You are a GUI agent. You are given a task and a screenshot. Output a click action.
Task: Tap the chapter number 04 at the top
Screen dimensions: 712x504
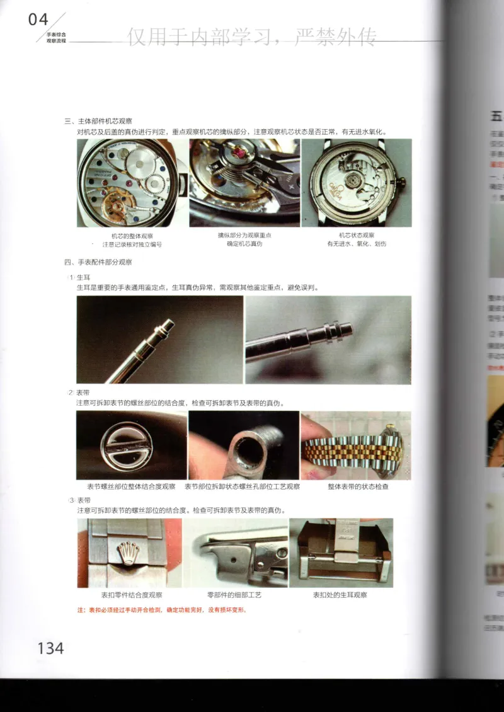[x=38, y=20]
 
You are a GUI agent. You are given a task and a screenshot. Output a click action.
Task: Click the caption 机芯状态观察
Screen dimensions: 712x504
[x=357, y=236]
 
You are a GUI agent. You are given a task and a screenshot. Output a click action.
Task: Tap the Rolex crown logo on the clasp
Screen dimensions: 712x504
[x=129, y=553]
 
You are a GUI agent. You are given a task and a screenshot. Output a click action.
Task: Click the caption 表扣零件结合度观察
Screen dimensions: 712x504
[x=132, y=594]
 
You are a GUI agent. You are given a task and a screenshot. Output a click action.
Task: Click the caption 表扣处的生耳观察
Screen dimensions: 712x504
[x=340, y=594]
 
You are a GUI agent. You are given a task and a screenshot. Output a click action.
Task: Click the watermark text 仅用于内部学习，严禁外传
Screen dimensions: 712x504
[x=252, y=38]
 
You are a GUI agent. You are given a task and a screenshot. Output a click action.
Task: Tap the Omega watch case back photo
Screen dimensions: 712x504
[x=357, y=183]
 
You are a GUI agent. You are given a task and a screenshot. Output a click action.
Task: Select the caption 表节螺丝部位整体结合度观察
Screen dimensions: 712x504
[x=131, y=486]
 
